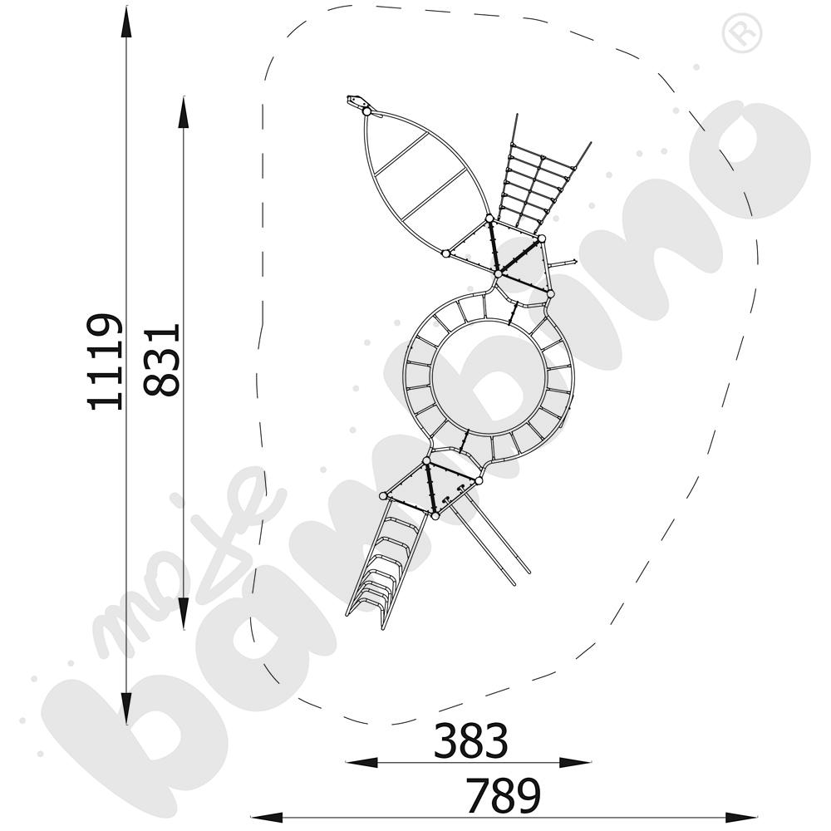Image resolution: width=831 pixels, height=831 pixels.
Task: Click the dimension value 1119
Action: point(106,361)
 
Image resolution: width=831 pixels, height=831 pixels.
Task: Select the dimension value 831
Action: point(160,361)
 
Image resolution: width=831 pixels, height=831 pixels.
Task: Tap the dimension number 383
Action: point(470,740)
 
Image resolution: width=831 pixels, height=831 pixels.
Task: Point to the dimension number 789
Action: point(503,796)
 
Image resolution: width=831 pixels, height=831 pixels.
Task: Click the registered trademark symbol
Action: point(736,35)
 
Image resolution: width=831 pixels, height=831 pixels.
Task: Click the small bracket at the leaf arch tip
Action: point(357,103)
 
